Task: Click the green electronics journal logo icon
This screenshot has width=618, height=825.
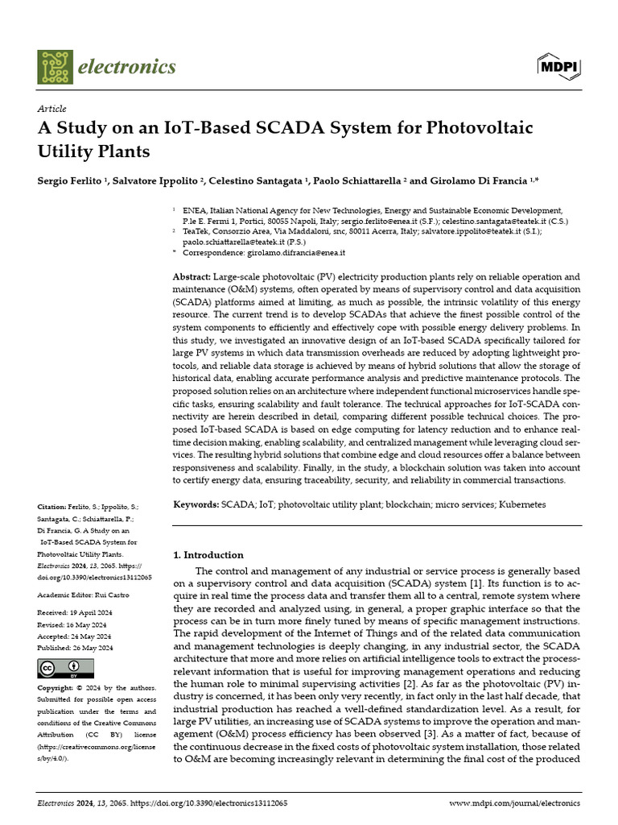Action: pyautogui.click(x=54, y=66)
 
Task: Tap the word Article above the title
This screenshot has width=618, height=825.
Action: pyautogui.click(x=51, y=109)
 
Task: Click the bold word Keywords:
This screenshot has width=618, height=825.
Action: pyautogui.click(x=196, y=504)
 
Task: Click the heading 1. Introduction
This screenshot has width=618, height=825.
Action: pyautogui.click(x=208, y=555)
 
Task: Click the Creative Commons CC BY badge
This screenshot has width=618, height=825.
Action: pyautogui.click(x=66, y=669)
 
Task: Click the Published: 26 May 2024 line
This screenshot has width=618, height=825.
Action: pyautogui.click(x=76, y=648)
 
